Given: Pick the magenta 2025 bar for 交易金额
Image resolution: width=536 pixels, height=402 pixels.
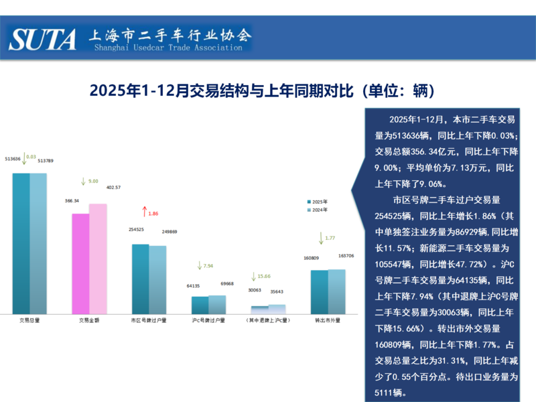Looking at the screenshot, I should pyautogui.click(x=80, y=263).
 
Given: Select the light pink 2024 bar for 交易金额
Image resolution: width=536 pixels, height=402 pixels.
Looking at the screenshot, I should pyautogui.click(x=98, y=259).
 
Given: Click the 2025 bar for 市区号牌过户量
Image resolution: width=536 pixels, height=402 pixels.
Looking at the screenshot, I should pyautogui.click(x=140, y=279).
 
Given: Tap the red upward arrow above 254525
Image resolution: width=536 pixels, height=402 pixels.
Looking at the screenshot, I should pyautogui.click(x=144, y=212).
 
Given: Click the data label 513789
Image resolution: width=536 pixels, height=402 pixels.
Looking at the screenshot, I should pyautogui.click(x=46, y=161).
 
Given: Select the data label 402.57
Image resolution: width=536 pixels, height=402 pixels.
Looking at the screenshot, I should pyautogui.click(x=113, y=188).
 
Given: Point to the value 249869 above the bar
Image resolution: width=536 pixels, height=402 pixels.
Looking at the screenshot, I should pyautogui.click(x=170, y=231).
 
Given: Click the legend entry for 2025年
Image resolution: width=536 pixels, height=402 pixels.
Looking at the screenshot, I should pyautogui.click(x=318, y=201).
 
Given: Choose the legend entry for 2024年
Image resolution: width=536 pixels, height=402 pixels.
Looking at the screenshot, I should pyautogui.click(x=318, y=210).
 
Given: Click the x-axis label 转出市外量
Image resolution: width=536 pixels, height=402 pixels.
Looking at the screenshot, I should pyautogui.click(x=328, y=321).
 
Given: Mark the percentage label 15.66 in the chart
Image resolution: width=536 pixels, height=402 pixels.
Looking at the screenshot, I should pyautogui.click(x=264, y=276).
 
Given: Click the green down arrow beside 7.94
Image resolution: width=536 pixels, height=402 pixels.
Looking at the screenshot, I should pyautogui.click(x=199, y=265).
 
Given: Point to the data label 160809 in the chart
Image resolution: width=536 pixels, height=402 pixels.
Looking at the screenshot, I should pyautogui.click(x=312, y=258).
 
